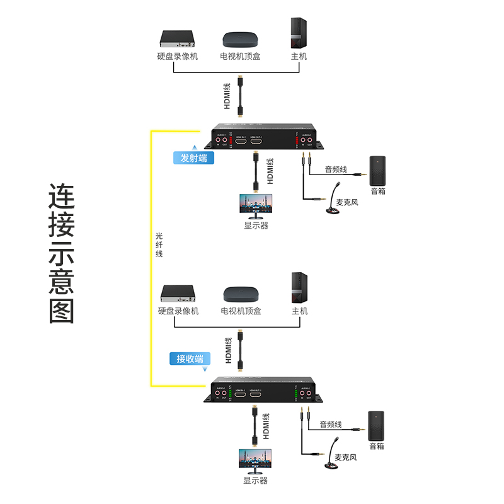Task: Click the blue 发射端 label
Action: click(193, 158)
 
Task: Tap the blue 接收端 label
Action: click(190, 359)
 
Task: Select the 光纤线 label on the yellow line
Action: click(159, 245)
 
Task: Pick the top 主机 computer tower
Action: click(299, 33)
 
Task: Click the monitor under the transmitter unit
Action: click(256, 205)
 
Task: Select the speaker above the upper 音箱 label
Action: click(377, 169)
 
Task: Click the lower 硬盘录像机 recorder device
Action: click(180, 294)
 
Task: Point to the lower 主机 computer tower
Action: click(299, 288)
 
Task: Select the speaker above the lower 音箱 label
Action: click(376, 425)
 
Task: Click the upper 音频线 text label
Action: click(336, 169)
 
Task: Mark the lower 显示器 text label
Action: click(255, 481)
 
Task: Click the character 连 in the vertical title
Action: click(62, 198)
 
